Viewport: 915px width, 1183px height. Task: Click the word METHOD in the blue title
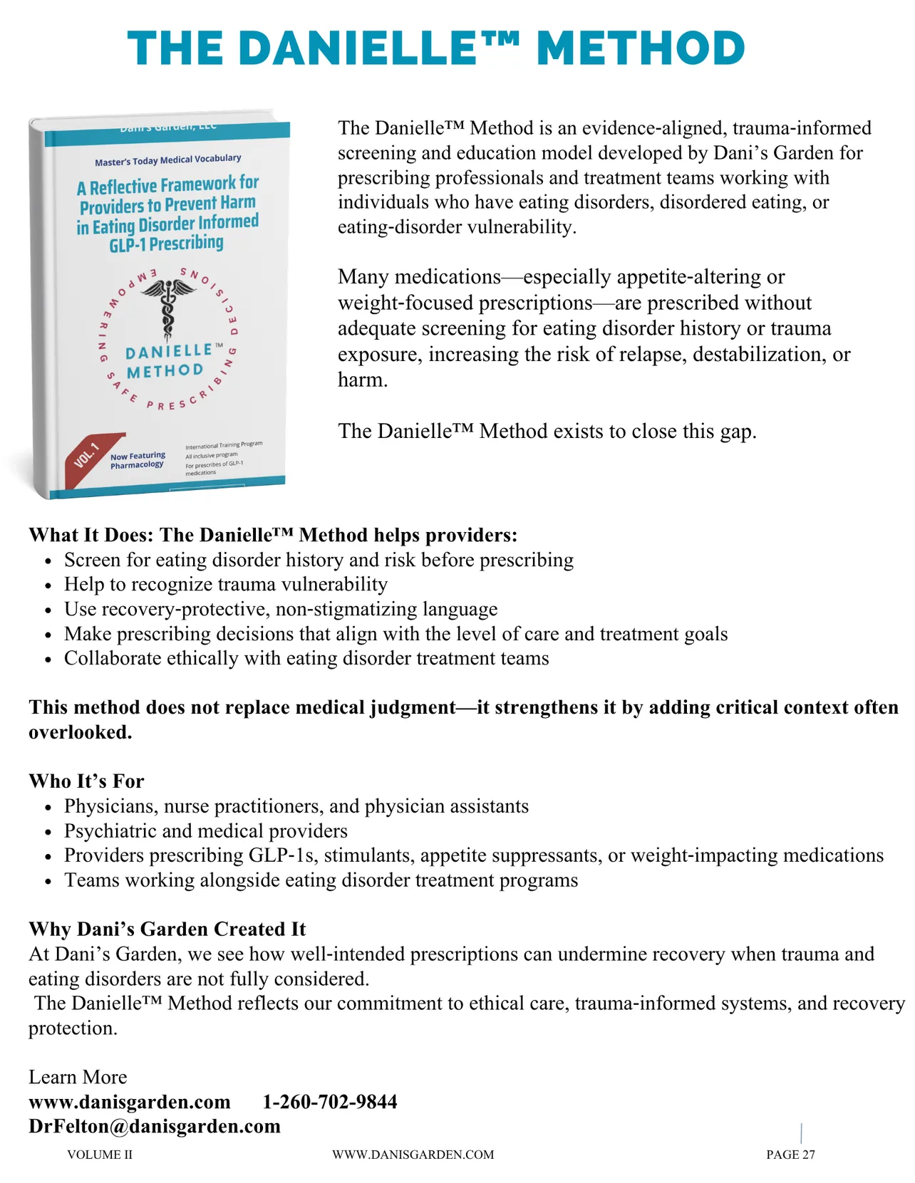[x=641, y=48]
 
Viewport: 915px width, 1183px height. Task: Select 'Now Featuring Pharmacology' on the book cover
[x=138, y=460]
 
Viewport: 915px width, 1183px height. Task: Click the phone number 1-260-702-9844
[x=330, y=1102]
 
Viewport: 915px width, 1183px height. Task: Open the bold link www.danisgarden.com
[x=130, y=1102]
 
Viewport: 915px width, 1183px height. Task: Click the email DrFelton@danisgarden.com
[x=155, y=1126]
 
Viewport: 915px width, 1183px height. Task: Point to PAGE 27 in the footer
[x=790, y=1155]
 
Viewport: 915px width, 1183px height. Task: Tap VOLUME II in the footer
[x=100, y=1155]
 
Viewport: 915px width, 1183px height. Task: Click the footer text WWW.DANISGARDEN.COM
[x=413, y=1155]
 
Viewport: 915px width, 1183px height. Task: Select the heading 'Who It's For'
[x=86, y=781]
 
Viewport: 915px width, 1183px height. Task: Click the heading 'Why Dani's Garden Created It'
[x=167, y=929]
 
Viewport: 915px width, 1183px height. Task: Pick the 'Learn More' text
[x=78, y=1077]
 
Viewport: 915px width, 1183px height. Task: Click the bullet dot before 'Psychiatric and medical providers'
[x=48, y=832]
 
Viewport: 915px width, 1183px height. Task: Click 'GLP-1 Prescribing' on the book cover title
[x=166, y=244]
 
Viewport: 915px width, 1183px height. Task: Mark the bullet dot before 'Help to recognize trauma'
[x=48, y=585]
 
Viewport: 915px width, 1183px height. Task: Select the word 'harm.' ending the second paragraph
[x=363, y=380]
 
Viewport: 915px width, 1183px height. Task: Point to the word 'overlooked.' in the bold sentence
[x=81, y=732]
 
